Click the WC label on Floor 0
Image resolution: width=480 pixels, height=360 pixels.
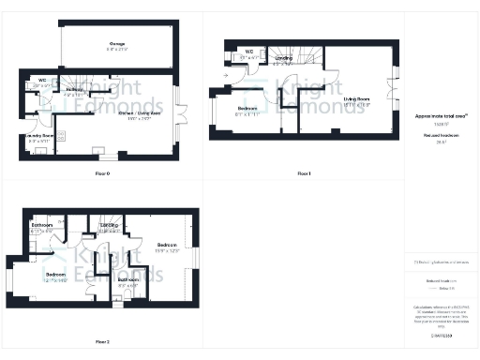(43, 81)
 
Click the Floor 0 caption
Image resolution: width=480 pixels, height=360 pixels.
(102, 174)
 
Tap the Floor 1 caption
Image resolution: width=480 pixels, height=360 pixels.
(303, 174)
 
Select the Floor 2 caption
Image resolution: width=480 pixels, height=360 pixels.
(102, 342)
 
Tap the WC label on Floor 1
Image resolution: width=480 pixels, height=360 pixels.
(249, 52)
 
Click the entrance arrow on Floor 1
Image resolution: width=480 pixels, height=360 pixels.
(227, 76)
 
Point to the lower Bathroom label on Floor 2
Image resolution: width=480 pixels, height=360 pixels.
(128, 279)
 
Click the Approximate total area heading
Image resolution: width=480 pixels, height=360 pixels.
(440, 116)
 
